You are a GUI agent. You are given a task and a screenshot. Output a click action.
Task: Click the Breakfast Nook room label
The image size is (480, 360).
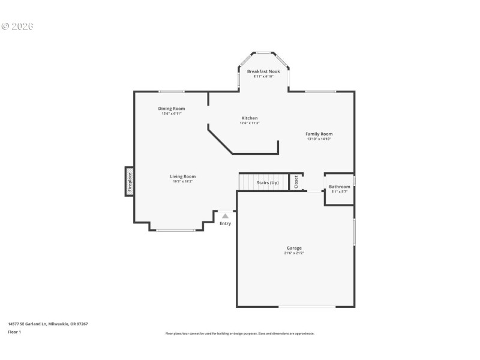(263, 71)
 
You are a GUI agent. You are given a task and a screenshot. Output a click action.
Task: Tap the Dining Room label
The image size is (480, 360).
(172, 109)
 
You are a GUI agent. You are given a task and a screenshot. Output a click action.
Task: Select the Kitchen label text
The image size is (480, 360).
(250, 118)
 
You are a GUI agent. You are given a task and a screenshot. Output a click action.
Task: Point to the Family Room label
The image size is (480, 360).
(319, 134)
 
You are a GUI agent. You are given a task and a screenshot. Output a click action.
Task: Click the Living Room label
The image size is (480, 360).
(182, 176)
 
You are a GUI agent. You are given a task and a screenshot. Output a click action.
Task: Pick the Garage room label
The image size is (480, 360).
(293, 248)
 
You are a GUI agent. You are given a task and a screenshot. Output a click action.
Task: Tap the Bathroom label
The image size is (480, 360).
(339, 187)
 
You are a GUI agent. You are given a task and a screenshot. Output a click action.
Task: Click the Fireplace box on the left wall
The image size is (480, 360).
(129, 181)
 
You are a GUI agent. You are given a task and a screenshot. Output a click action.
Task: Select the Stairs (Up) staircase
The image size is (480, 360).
(263, 182)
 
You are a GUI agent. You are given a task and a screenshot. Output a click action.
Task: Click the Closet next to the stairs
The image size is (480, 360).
(296, 182)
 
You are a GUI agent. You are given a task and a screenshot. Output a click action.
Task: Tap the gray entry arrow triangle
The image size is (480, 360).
(225, 215)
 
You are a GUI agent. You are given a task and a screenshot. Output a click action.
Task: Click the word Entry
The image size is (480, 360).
(225, 224)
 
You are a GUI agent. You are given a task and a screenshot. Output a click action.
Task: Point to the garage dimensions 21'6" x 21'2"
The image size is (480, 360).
(293, 253)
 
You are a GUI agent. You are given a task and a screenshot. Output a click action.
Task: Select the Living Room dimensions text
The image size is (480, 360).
(182, 181)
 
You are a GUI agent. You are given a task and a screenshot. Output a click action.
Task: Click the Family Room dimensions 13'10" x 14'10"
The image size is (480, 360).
(319, 139)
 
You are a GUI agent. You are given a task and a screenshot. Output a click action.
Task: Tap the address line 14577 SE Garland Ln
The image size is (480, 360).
(48, 324)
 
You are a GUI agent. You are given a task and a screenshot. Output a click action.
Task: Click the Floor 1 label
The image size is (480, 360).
(14, 331)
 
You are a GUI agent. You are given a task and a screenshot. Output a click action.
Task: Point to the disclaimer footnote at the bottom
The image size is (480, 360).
(239, 334)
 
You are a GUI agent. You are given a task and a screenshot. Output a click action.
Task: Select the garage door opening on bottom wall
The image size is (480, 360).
(307, 307)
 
